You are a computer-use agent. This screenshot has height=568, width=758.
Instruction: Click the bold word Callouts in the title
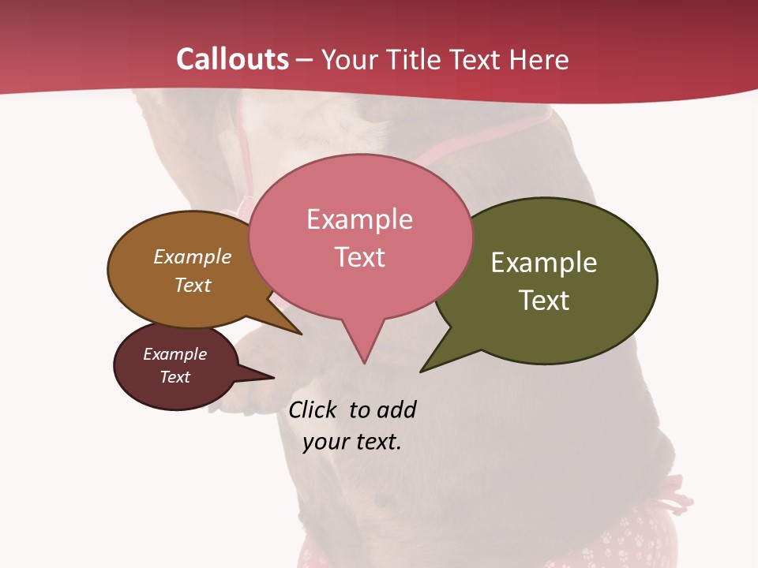pyautogui.click(x=233, y=59)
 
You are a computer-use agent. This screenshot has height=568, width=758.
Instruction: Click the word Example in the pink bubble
pyautogui.click(x=359, y=219)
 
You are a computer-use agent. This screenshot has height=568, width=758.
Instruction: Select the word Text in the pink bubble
pyautogui.click(x=359, y=257)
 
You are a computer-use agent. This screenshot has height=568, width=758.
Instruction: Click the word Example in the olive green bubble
pyautogui.click(x=544, y=263)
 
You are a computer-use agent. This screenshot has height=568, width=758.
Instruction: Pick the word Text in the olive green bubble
pyautogui.click(x=544, y=301)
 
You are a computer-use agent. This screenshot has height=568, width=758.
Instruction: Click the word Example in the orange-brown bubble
pyautogui.click(x=193, y=256)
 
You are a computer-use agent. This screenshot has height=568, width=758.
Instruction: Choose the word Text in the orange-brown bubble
pyautogui.click(x=193, y=285)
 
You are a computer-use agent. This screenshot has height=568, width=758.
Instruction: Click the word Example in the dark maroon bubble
pyautogui.click(x=175, y=354)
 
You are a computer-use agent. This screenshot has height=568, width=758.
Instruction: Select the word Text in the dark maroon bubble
pyautogui.click(x=175, y=377)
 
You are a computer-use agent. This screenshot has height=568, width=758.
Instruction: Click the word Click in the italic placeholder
pyautogui.click(x=313, y=409)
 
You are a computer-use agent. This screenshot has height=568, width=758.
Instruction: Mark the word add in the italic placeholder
pyautogui.click(x=396, y=409)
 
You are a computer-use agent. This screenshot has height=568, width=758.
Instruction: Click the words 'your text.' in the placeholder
pyautogui.click(x=352, y=442)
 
